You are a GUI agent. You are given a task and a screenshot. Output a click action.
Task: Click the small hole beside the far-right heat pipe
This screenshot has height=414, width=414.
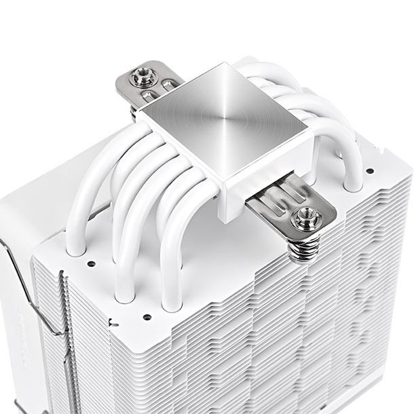click(x=371, y=166)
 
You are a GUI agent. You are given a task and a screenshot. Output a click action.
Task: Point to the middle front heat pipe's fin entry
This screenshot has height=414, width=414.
click(x=124, y=294)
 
